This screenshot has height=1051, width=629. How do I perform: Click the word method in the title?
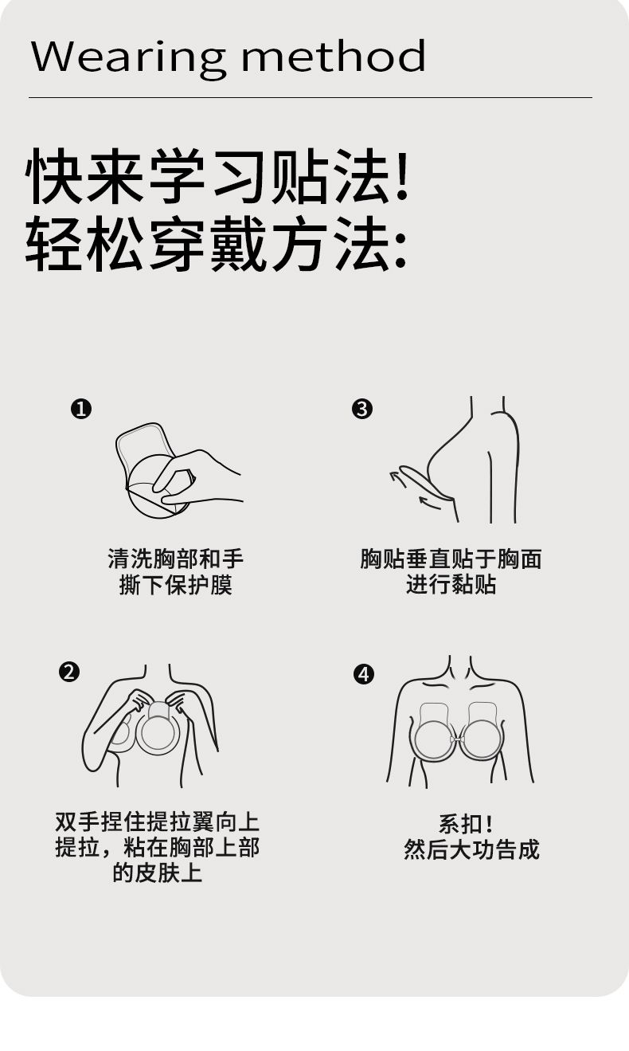point(334,56)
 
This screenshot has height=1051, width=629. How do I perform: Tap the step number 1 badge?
point(81,409)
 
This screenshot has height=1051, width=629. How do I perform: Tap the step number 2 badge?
point(69,672)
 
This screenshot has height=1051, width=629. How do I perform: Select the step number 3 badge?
point(361,409)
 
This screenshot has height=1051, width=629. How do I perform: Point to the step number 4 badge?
point(364,674)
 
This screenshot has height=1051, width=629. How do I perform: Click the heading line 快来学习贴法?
point(217,176)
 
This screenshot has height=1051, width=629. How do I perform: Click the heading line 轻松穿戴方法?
point(216,244)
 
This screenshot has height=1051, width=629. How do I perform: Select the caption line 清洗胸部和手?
point(176,559)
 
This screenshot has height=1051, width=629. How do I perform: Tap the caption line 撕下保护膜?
point(176,585)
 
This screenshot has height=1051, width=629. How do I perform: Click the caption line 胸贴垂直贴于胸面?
point(451,559)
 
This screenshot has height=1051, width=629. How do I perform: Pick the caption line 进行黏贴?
point(451,585)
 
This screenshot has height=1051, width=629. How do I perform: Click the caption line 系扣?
point(466,823)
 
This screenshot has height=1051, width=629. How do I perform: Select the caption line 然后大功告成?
point(471,849)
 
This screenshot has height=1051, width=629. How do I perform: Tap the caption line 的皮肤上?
point(158,873)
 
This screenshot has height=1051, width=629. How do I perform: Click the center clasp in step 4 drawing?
point(457,739)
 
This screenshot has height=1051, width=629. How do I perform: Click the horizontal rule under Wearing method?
point(311,97)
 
